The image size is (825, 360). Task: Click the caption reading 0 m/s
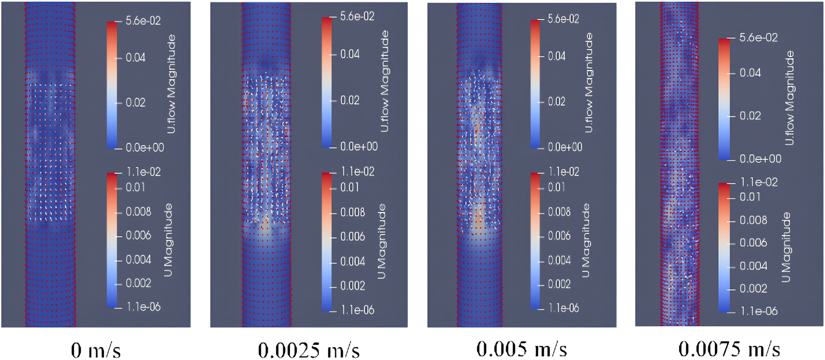96,350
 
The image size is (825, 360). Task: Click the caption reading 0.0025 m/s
309,350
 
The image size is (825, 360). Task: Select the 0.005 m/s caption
521,349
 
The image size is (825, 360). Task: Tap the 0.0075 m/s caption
729,349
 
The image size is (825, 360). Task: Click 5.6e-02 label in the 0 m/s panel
143,21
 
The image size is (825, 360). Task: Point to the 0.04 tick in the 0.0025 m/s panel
350,54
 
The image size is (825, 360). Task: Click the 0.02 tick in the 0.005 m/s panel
556,102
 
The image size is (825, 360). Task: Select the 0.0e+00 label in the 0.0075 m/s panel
760,159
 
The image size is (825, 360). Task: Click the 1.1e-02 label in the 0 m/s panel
144,172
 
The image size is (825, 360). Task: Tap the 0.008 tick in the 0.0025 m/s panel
352,212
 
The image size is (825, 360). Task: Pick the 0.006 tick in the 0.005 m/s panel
559,236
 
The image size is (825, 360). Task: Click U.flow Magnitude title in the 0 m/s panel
171,84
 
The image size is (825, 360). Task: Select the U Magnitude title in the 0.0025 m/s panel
382,241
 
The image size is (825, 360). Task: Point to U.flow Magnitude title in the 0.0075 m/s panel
789,98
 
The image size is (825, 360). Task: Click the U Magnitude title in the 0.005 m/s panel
586,240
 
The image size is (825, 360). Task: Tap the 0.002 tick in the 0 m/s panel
138,283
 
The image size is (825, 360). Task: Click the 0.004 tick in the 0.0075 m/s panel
753,266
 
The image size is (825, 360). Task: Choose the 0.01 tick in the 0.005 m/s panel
556,187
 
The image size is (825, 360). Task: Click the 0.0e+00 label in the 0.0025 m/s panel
359,147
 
